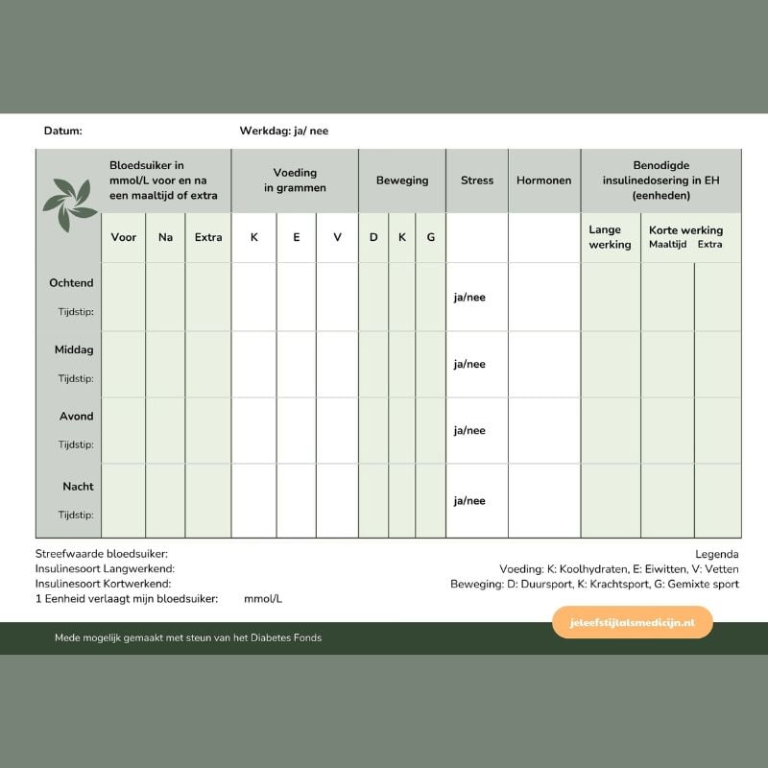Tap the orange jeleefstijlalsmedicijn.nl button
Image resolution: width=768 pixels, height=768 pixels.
tap(633, 622)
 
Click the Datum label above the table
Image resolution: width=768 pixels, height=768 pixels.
tap(63, 131)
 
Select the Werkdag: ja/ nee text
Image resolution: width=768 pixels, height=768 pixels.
tap(284, 131)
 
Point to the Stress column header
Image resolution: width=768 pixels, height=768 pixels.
tap(477, 180)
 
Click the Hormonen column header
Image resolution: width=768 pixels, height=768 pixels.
tap(543, 180)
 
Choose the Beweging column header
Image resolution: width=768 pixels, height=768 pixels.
tap(402, 180)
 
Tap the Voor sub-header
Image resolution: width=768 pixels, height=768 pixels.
tap(124, 237)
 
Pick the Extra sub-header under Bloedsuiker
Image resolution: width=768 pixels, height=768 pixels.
tap(208, 237)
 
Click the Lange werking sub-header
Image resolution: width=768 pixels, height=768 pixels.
tap(611, 237)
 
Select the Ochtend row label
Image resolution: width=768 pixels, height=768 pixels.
tap(72, 283)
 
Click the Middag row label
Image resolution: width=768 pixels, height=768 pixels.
tap(74, 350)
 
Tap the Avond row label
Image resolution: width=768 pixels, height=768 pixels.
tap(77, 417)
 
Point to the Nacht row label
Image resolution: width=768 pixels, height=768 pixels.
tap(78, 487)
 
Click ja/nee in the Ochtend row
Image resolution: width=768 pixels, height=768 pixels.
tap(469, 298)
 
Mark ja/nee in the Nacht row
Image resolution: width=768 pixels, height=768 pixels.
tap(469, 501)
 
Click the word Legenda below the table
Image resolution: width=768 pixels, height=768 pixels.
tap(717, 554)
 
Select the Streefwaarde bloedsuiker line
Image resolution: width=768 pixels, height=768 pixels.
tap(102, 554)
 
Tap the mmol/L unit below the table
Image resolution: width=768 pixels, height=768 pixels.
tap(263, 598)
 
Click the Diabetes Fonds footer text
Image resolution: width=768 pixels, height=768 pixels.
tap(188, 637)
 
